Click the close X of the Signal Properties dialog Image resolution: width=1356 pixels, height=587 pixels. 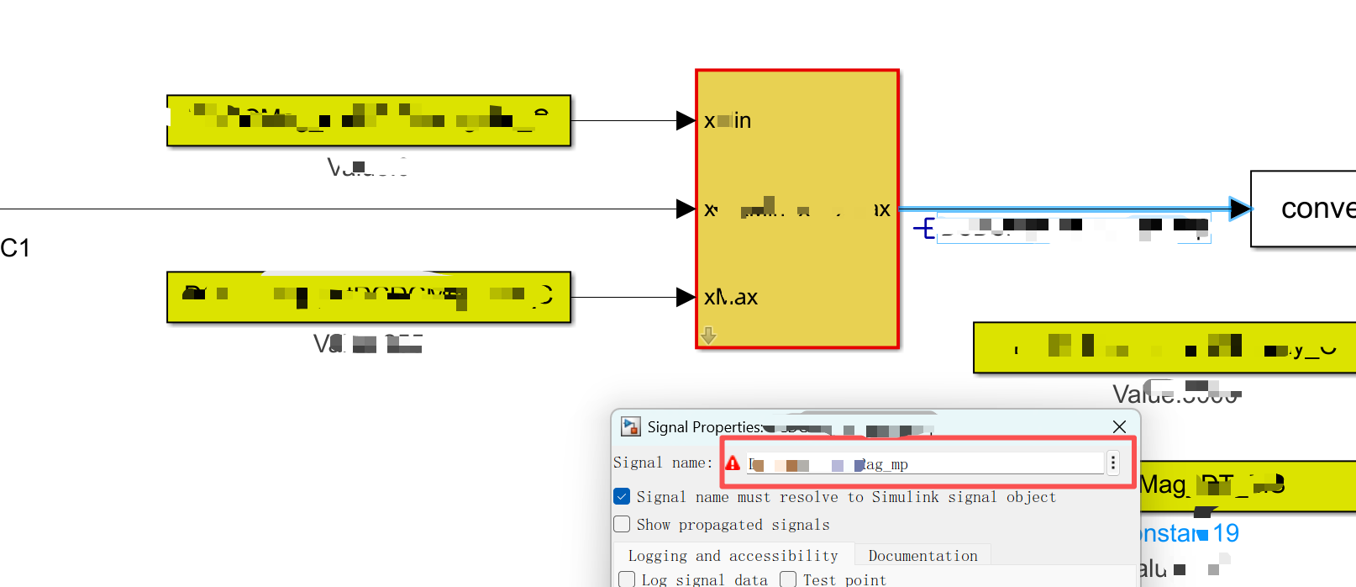click(x=1119, y=427)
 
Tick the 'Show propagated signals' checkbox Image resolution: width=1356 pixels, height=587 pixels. click(x=622, y=524)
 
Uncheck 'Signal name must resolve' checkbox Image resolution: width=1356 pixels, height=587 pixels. click(x=622, y=496)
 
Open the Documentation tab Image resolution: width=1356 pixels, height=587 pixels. click(x=922, y=556)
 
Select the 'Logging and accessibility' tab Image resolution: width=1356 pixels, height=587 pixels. click(x=733, y=556)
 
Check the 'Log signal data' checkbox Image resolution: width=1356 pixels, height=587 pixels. click(x=627, y=579)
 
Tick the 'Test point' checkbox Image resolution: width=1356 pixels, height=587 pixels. click(x=788, y=579)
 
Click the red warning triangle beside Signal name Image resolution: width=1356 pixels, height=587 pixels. click(x=733, y=463)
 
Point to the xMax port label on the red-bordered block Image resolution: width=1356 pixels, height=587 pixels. click(x=731, y=297)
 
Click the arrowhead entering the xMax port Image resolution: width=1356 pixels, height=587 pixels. click(x=686, y=297)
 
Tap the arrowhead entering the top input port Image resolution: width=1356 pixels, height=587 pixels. click(x=686, y=120)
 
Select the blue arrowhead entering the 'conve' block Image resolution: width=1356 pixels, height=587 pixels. click(x=1239, y=209)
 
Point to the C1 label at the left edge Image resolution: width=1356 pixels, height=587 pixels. click(x=15, y=248)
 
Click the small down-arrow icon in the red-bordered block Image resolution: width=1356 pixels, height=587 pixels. click(x=708, y=336)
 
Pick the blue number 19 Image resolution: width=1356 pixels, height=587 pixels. click(x=1226, y=533)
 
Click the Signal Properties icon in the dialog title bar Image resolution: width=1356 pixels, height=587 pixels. click(x=630, y=427)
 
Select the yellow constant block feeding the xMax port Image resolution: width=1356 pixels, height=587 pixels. click(x=368, y=297)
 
